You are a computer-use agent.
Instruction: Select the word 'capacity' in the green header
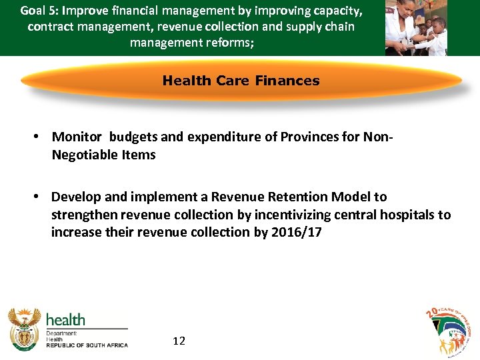pyautogui.click(x=337, y=11)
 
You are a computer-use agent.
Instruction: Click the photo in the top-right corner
pyautogui.click(x=416, y=27)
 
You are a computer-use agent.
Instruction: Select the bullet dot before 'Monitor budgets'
pyautogui.click(x=38, y=137)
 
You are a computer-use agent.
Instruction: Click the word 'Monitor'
pyautogui.click(x=77, y=137)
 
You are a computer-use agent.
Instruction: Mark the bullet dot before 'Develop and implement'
pyautogui.click(x=38, y=197)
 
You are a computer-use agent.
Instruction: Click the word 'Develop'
pyautogui.click(x=75, y=197)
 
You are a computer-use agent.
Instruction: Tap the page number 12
pyautogui.click(x=179, y=341)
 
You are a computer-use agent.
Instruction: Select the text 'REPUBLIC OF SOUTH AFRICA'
pyautogui.click(x=87, y=345)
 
